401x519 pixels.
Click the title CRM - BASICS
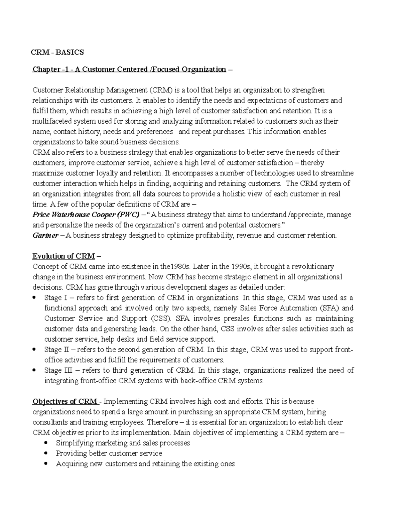coord(57,52)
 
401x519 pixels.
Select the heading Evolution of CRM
coord(63,256)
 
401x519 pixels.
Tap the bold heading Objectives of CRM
coord(65,401)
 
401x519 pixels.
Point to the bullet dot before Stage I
coord(34,298)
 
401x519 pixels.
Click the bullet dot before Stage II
coord(34,350)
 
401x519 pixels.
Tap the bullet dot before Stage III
coord(34,370)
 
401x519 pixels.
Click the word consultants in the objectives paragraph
coord(50,422)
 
